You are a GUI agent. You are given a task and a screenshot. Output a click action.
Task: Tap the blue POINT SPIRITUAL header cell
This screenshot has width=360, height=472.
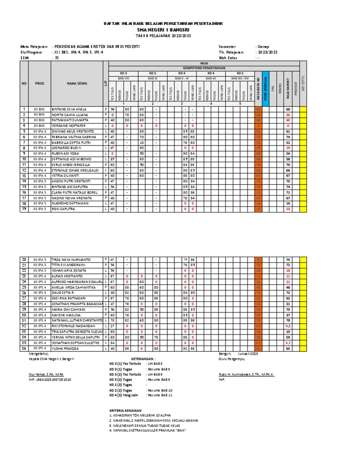pos(266,86)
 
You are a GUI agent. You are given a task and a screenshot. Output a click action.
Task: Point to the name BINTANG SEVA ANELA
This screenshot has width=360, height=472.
pos(69,109)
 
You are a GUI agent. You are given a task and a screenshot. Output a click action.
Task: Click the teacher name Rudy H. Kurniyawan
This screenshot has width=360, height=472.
pos(246,374)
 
